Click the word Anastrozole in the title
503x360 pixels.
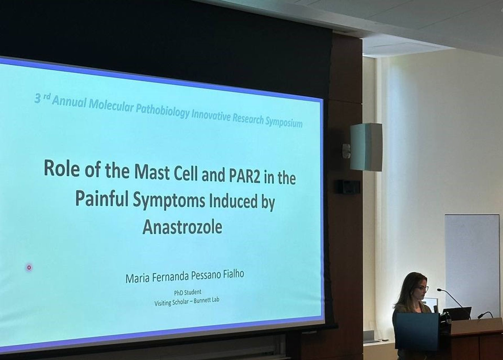182,227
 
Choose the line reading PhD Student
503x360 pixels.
188,292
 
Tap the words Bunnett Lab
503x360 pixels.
208,300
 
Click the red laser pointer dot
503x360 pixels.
29,267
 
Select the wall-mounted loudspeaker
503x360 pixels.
366,147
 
